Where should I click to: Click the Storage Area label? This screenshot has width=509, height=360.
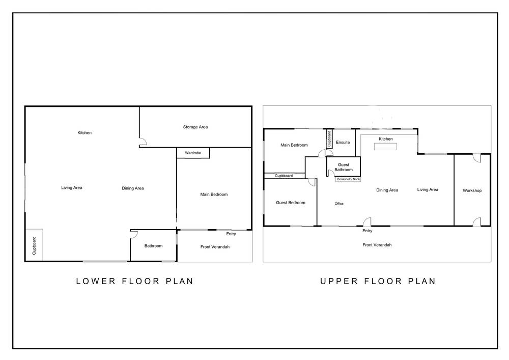(x=195, y=127)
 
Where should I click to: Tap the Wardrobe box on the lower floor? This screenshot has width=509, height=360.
(x=193, y=153)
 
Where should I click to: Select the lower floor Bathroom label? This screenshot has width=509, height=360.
(x=153, y=246)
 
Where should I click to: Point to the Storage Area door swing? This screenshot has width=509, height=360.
(x=143, y=142)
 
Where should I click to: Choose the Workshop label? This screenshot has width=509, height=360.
(x=472, y=190)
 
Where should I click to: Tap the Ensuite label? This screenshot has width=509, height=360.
(x=343, y=142)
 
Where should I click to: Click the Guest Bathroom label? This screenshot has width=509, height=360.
(x=344, y=167)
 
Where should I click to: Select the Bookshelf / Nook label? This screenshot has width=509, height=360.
(x=348, y=179)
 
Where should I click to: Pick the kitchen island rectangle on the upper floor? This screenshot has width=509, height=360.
(x=385, y=147)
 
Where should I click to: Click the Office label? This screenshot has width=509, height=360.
(x=339, y=204)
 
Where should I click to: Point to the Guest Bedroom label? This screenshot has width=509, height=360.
(x=291, y=203)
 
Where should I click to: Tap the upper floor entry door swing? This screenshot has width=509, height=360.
(x=367, y=221)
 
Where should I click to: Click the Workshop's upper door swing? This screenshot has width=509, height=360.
(x=477, y=158)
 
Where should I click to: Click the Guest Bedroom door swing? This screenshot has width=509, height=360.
(x=312, y=182)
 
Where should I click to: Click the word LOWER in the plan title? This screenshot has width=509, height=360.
(x=96, y=281)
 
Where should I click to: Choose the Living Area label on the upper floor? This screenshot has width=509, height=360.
(x=428, y=189)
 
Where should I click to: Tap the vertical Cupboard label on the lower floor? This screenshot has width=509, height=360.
(x=34, y=245)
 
